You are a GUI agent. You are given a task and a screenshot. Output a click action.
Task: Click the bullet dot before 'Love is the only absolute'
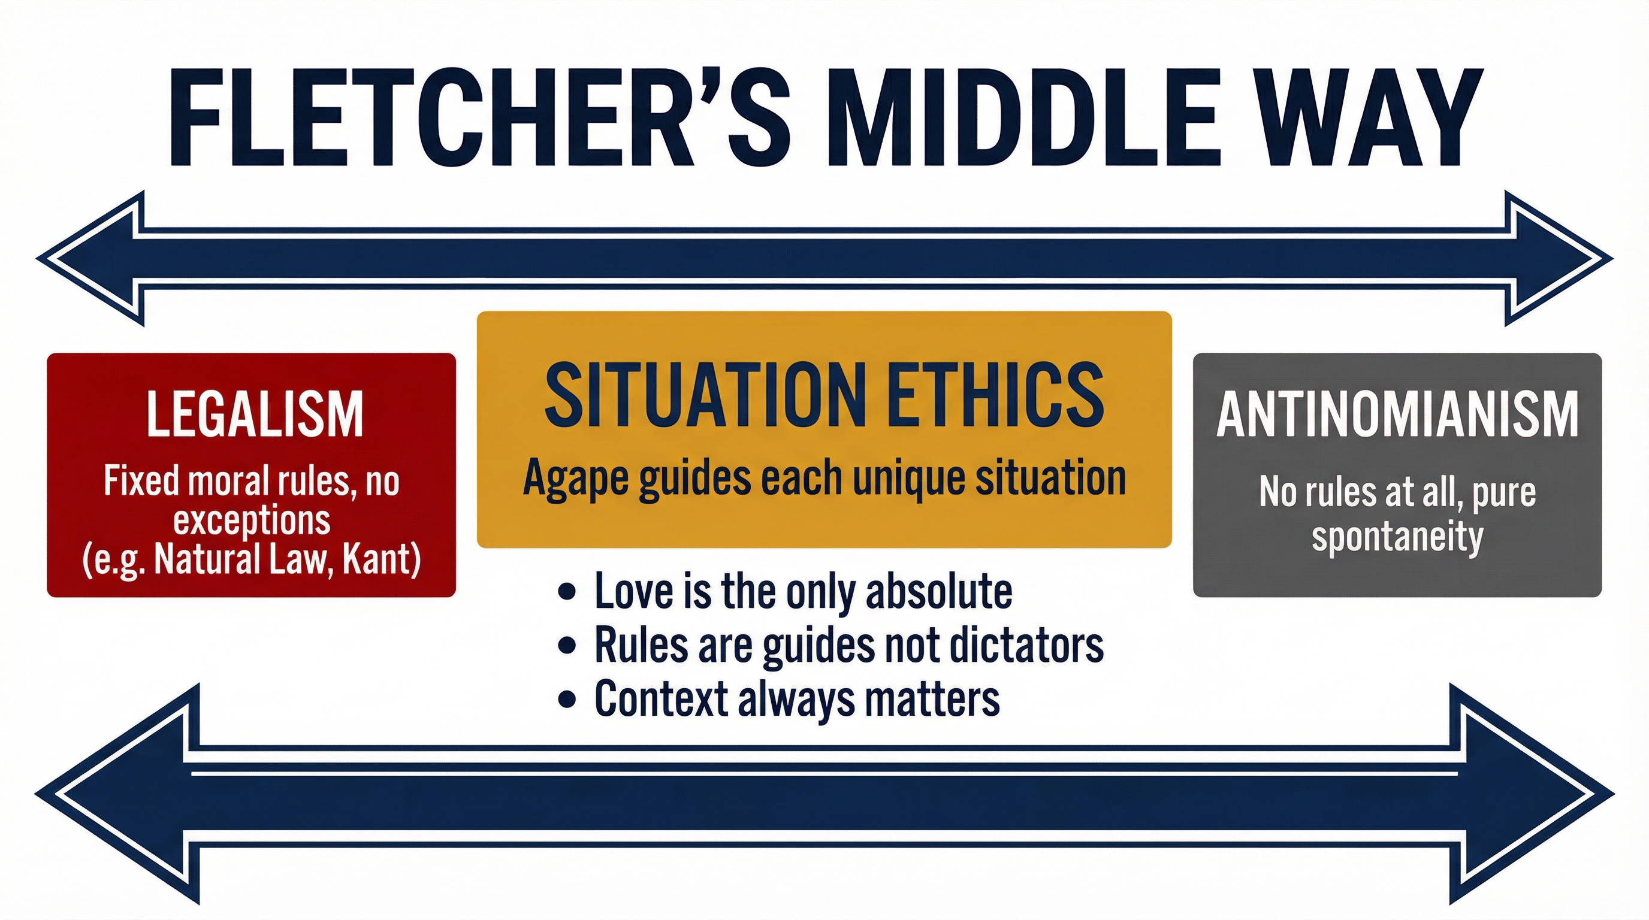click(x=566, y=592)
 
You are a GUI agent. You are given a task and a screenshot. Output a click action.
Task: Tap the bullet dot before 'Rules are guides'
click(x=566, y=646)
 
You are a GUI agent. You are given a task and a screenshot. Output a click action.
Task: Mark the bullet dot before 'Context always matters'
click(x=566, y=699)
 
